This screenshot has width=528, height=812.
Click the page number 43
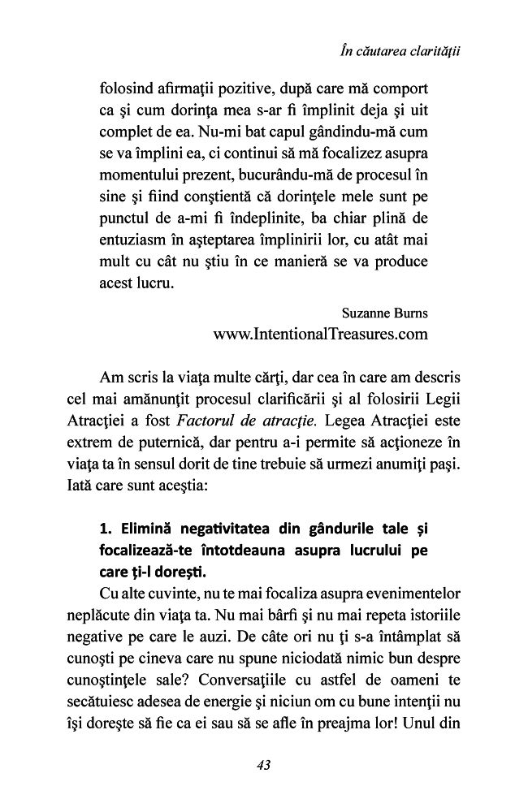click(x=263, y=764)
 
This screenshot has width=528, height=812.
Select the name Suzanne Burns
click(x=387, y=311)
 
